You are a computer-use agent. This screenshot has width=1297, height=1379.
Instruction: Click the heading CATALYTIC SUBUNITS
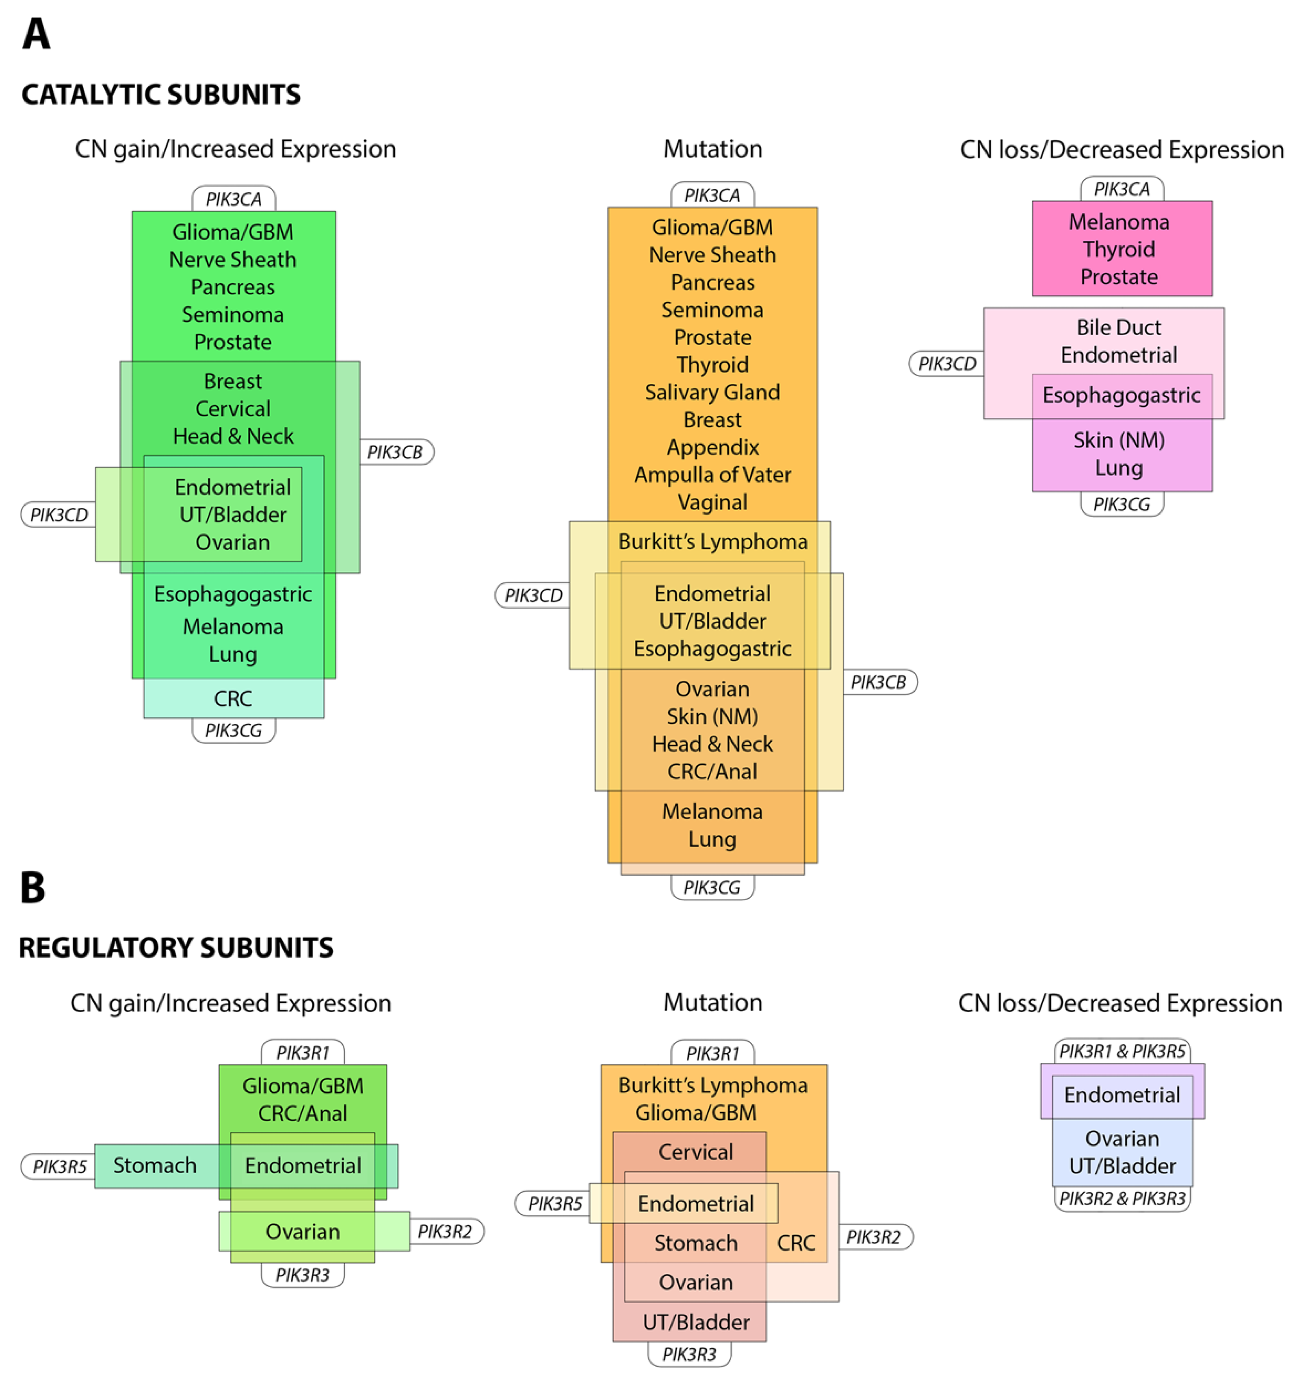(161, 94)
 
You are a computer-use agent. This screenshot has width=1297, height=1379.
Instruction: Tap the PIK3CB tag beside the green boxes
(395, 452)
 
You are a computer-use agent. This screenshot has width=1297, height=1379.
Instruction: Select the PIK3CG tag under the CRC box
(233, 730)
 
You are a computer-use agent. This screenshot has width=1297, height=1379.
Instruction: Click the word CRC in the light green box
(233, 699)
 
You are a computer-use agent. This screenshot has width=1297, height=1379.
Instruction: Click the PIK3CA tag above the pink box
(1122, 189)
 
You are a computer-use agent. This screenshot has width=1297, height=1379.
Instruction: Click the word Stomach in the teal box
(155, 1165)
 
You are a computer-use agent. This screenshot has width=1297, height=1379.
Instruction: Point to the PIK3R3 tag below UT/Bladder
(689, 1354)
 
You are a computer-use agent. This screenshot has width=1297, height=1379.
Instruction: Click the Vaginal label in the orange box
(712, 502)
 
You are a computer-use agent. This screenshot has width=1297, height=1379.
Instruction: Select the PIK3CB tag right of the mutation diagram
(878, 682)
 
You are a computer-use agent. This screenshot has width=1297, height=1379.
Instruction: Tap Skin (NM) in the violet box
(1119, 440)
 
